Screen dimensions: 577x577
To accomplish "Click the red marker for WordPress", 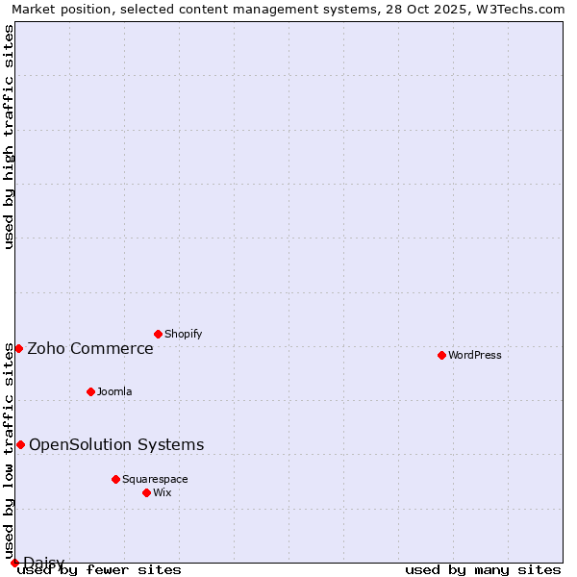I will tap(441, 355).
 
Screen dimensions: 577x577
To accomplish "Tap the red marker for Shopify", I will tap(158, 334).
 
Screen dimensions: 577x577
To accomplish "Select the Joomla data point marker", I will tap(90, 391).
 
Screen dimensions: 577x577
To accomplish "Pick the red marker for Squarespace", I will tap(115, 479).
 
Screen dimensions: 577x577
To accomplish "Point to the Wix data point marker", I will tap(146, 492).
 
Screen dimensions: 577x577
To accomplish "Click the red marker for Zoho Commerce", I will tap(18, 348).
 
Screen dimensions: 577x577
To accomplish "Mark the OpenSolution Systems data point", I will tap(20, 444).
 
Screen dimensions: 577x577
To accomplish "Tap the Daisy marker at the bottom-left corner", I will tap(14, 563).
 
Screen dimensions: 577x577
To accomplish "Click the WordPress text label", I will tap(475, 356).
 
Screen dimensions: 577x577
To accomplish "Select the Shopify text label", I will tap(184, 335).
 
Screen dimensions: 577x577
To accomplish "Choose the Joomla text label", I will tap(114, 392).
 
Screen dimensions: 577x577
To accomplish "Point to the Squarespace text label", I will tap(155, 480).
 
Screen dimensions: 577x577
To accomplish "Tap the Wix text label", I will tap(163, 493).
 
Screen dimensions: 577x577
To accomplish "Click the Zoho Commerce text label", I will tap(90, 349).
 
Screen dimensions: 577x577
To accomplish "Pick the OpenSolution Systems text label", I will tap(116, 445).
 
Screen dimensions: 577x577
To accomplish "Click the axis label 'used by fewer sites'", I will tap(100, 570).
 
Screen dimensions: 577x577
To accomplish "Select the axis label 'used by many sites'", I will tap(483, 570).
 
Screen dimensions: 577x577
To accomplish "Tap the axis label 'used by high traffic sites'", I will tap(10, 137).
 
